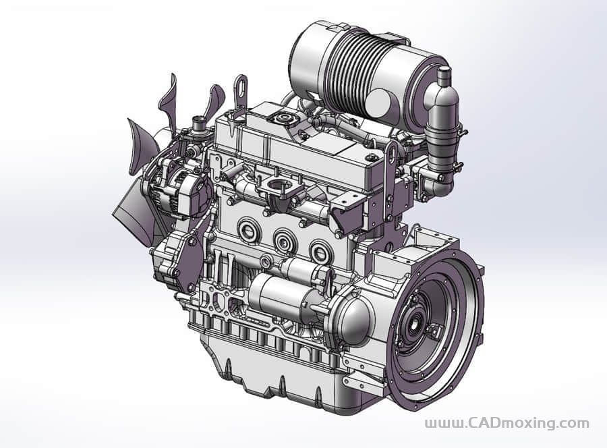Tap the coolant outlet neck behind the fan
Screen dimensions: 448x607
coord(199,126)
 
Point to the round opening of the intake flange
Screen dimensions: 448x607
coord(279,186)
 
